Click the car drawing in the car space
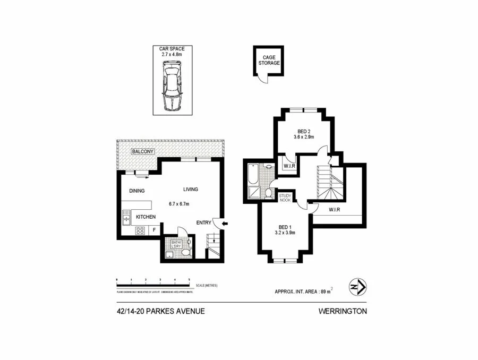pos(172,85)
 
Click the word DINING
pos(136,191)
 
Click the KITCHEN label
pos(146,217)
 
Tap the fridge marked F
pos(154,230)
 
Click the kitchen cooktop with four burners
pos(140,230)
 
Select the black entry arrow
pos(225,224)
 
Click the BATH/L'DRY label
pos(177,244)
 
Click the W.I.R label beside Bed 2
pos(289,166)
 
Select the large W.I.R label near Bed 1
pos(334,209)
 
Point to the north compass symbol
pos(356,287)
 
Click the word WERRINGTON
pos(343,312)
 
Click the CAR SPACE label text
pos(172,49)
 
